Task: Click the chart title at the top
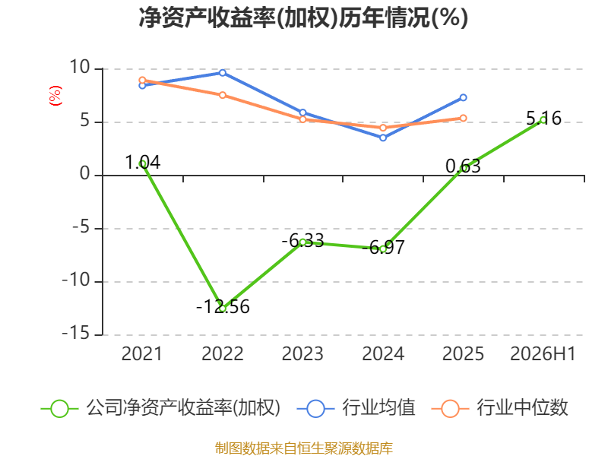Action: point(303,17)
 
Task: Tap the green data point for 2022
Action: point(223,309)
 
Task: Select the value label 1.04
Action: point(143,162)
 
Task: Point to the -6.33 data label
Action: point(302,241)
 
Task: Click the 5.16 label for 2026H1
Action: point(543,118)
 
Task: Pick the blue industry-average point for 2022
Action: point(223,73)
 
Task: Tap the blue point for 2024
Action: point(383,138)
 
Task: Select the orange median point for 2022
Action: point(223,95)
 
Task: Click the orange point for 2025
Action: point(464,118)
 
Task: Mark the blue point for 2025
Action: point(464,98)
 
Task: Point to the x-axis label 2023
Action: point(302,353)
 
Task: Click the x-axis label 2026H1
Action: point(543,353)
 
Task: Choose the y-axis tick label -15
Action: point(76,333)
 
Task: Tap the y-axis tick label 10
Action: point(80,67)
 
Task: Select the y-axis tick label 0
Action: point(85,174)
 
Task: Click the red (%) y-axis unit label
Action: point(55,96)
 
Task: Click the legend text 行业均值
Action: point(378,407)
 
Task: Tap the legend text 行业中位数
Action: point(522,407)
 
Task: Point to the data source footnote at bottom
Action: point(304,448)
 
